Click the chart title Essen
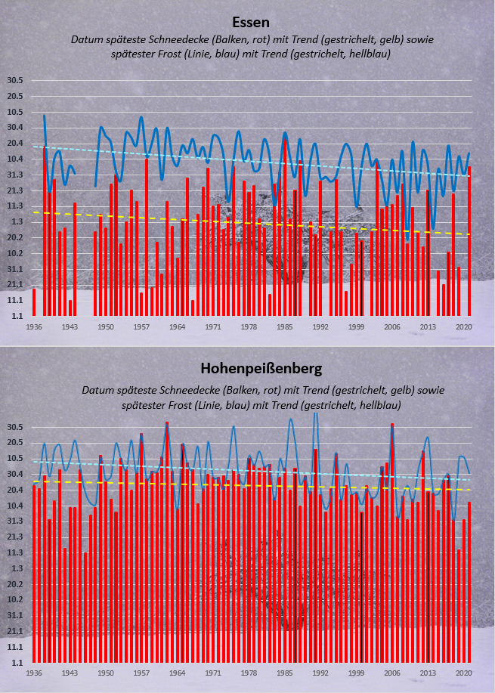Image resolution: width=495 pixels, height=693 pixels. [x=251, y=22]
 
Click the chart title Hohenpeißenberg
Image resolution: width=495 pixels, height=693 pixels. [x=261, y=369]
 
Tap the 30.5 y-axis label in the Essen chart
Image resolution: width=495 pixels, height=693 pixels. [x=14, y=80]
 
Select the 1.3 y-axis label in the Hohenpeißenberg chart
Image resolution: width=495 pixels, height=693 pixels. [x=17, y=568]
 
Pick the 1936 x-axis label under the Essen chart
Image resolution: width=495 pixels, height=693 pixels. [x=33, y=327]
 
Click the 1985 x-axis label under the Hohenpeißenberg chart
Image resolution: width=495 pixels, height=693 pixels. [x=285, y=673]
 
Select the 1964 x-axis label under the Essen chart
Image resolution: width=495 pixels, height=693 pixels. [x=178, y=327]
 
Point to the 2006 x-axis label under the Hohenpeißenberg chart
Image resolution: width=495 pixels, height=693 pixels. [x=392, y=673]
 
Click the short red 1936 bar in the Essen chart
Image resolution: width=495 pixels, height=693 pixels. [x=34, y=302]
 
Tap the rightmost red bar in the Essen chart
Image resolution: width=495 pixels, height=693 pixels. [x=469, y=241]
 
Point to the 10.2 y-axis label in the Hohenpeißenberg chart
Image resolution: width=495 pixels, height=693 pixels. [x=14, y=600]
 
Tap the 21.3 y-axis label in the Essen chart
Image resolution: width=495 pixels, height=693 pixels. [x=14, y=190]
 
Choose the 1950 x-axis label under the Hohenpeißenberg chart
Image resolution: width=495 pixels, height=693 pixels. [x=106, y=673]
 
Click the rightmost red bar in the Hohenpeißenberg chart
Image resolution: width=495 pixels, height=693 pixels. [x=469, y=583]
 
